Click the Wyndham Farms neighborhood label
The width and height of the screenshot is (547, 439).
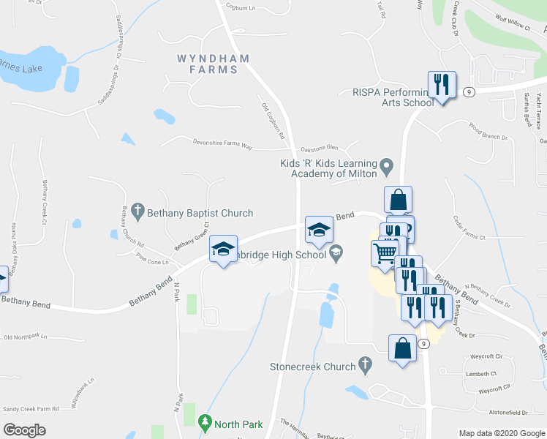pos(208,64)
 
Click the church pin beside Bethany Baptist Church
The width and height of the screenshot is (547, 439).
pos(138,213)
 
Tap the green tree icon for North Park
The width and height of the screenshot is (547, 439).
pos(205,422)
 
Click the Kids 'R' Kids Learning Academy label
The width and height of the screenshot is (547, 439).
pos(333,168)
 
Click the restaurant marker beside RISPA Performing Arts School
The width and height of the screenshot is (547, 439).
pos(442,85)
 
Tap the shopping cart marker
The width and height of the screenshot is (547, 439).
pos(384,255)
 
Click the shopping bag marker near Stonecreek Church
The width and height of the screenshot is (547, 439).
pos(402,348)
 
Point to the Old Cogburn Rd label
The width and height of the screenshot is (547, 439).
pos(273,121)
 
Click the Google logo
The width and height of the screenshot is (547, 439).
pos(24,430)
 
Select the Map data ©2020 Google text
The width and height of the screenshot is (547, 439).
pos(501,433)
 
